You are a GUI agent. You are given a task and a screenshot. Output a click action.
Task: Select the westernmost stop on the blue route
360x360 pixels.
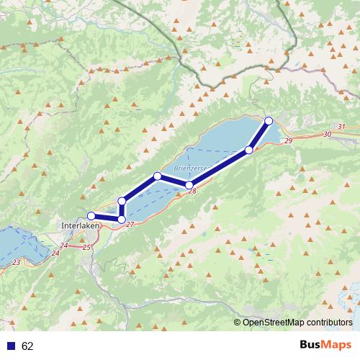91,215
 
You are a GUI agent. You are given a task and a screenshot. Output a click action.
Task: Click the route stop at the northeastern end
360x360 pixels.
269,120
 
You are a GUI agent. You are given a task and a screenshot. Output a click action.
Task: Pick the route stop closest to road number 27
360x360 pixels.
122,219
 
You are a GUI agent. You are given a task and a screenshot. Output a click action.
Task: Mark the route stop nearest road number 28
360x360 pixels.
189,185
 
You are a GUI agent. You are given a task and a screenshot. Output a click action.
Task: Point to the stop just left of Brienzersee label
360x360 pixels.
157,176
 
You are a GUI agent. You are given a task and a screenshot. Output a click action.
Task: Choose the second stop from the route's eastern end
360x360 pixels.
249,150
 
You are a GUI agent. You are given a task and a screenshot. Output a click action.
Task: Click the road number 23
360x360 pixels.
16,262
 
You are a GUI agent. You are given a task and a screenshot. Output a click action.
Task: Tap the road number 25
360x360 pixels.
87,247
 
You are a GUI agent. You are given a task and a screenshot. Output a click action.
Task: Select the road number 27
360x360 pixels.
130,225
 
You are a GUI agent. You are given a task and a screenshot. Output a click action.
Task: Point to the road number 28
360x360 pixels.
192,192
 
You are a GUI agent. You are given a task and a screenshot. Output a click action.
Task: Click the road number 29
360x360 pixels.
288,141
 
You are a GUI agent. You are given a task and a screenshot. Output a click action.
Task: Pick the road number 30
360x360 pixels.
328,135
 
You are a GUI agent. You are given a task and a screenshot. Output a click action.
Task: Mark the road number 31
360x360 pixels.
341,127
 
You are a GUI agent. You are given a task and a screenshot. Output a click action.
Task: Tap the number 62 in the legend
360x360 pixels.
27,346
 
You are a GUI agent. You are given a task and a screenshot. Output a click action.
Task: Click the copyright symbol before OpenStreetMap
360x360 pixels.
238,323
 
